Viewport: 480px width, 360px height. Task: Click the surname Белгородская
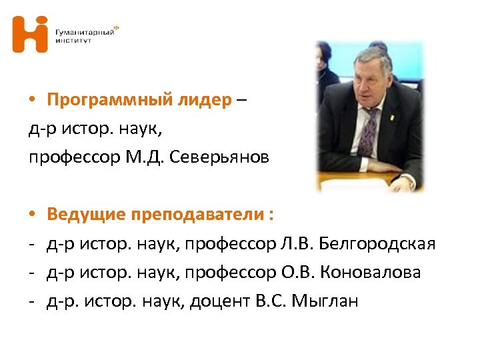tap(377, 244)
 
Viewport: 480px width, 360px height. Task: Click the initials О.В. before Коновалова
tap(295, 273)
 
